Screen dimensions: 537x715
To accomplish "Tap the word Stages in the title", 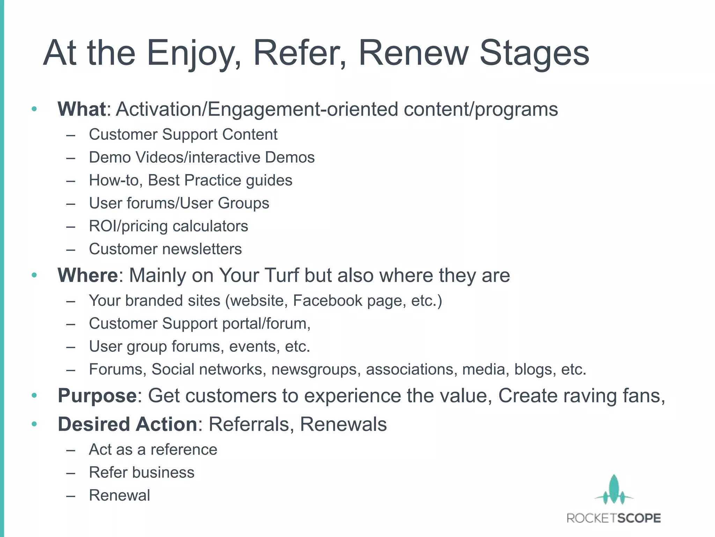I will pyautogui.click(x=535, y=53).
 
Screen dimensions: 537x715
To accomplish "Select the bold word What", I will pyautogui.click(x=82, y=109).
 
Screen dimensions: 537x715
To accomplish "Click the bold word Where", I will pyautogui.click(x=88, y=275).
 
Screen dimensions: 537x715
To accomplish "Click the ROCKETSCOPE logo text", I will pyautogui.click(x=614, y=518).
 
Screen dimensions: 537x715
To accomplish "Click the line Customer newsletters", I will pyautogui.click(x=165, y=249).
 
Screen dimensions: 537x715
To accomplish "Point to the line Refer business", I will pyautogui.click(x=141, y=473).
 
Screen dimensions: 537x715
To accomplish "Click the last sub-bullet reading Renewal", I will pyautogui.click(x=119, y=495).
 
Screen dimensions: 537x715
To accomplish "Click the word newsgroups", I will pyautogui.click(x=316, y=370).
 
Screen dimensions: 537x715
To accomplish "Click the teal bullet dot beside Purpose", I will pyautogui.click(x=34, y=396).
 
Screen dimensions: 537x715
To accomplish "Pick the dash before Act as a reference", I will pyautogui.click(x=71, y=450).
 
